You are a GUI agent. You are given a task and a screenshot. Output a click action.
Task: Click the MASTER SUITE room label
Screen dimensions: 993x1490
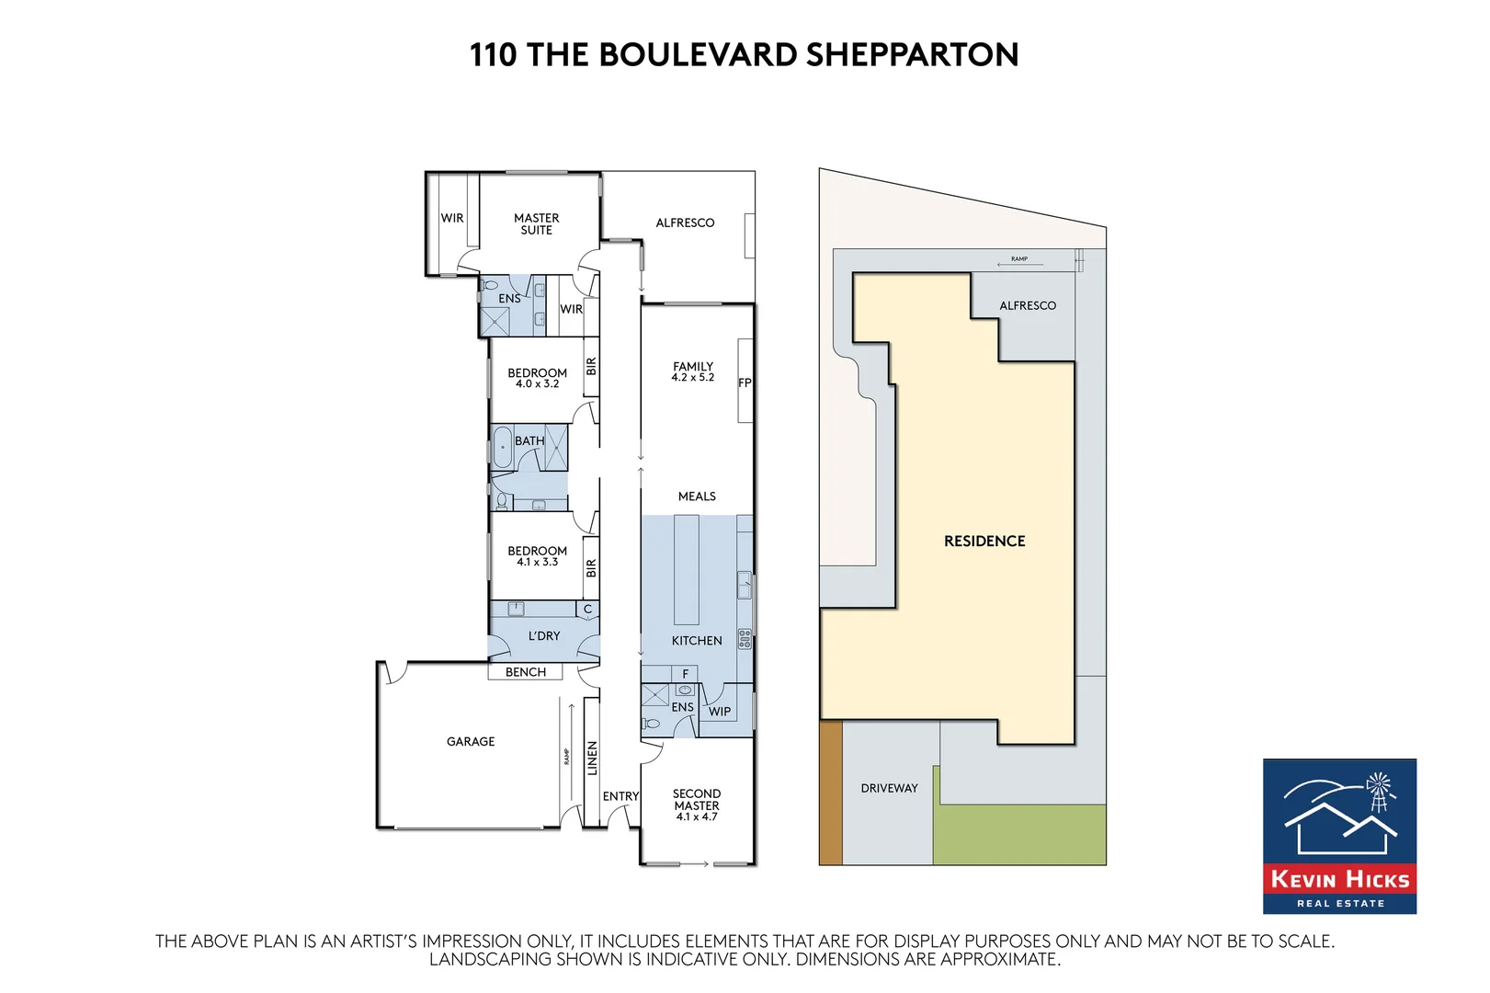pos(536,224)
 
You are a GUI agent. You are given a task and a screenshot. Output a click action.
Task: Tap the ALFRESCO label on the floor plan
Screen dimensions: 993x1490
pos(685,223)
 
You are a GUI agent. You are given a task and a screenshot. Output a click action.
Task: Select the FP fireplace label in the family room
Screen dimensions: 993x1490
pos(745,382)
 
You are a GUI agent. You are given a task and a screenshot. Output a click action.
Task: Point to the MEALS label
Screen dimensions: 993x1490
pos(697,496)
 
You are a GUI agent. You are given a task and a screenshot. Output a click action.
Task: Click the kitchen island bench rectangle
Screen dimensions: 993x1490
pos(687,570)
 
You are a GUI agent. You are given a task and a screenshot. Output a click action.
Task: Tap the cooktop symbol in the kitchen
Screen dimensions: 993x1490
pos(745,638)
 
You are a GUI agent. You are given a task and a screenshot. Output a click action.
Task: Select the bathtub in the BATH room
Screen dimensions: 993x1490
pos(502,448)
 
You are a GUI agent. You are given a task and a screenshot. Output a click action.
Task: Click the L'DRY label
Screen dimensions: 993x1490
pos(544,635)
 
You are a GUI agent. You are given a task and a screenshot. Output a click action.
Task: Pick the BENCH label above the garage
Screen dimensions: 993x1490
pos(526,672)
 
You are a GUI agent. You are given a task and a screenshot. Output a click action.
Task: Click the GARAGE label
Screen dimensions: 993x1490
pos(471,741)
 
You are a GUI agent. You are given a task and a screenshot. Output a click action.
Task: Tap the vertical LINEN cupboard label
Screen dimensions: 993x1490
pos(592,759)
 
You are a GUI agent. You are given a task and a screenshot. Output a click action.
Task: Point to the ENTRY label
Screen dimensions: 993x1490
pos(620,796)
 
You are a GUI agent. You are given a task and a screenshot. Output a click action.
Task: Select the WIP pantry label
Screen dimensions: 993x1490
pos(720,711)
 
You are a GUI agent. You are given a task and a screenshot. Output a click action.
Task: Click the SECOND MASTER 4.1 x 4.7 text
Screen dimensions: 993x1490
pos(697,805)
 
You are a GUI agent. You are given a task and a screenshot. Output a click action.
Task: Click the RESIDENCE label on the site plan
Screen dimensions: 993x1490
pos(984,541)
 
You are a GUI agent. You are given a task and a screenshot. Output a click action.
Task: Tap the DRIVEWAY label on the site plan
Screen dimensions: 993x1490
pos(889,788)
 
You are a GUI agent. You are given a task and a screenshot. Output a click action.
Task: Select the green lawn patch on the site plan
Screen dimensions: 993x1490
pos(1020,835)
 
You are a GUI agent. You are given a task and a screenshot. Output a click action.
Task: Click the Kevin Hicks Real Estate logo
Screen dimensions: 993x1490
pos(1339,836)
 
